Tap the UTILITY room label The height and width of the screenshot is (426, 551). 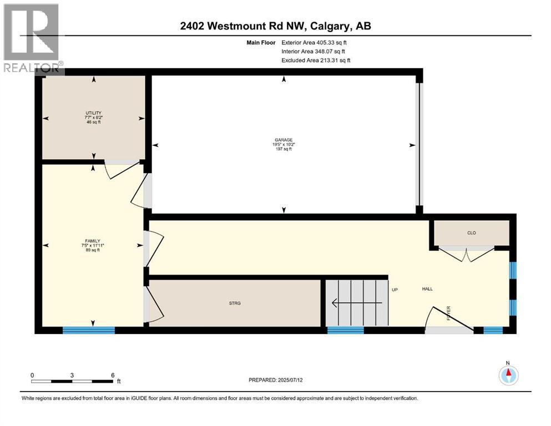point(93,113)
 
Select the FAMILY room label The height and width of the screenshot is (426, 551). point(93,241)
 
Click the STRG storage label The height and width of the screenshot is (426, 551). point(235,303)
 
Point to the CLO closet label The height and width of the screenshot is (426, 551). point(471,233)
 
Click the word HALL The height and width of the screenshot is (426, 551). point(427,289)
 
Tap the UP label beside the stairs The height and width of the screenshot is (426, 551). point(395,289)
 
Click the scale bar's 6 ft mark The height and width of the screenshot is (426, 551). point(113,376)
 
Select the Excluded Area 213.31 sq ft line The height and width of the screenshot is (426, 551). point(316,60)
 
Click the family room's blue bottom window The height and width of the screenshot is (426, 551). point(88,330)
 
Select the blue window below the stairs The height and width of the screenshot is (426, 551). point(345,330)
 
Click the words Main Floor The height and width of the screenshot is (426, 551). point(260,42)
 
